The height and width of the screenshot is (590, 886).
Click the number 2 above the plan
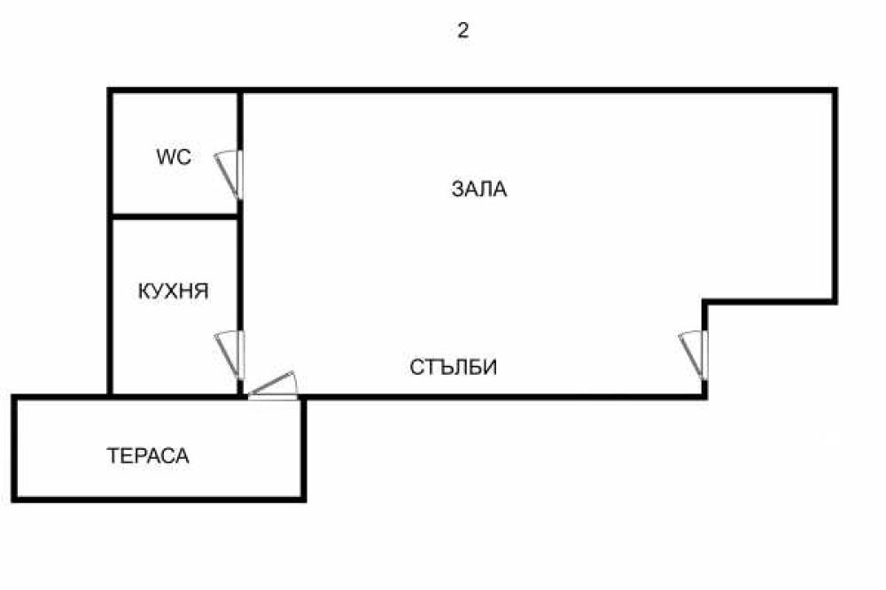tap(462, 31)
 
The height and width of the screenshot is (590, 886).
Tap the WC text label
tap(174, 158)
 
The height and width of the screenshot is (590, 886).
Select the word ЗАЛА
tap(479, 189)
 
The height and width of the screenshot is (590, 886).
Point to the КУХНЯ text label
tap(174, 291)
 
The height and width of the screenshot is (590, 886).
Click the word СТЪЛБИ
tap(453, 367)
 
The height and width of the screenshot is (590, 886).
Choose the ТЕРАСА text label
tap(148, 456)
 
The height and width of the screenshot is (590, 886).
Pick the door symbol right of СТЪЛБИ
tap(694, 353)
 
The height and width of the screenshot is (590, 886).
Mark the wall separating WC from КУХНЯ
tap(175, 215)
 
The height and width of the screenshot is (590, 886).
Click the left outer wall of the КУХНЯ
tap(110, 306)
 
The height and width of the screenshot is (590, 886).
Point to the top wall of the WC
tap(175, 90)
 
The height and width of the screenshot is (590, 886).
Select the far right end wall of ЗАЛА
tap(835, 195)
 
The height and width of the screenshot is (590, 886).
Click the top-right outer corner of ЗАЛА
tap(835, 90)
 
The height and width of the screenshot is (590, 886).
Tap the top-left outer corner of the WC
tap(110, 90)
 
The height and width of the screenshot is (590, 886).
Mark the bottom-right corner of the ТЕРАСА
tap(303, 499)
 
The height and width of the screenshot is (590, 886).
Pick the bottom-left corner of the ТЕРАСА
tap(15, 499)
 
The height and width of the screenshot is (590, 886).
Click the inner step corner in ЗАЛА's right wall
tap(705, 302)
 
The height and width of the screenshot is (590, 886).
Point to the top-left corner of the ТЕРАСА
tap(15, 397)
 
